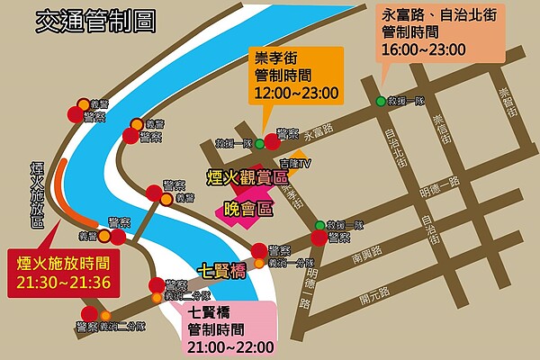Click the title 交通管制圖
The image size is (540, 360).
[x=92, y=22]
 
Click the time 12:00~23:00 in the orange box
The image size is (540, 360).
[x=296, y=92]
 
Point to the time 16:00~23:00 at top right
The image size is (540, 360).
[x=424, y=49]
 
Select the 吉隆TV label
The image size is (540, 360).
[x=294, y=164]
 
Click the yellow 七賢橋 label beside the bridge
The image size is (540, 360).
[x=221, y=267]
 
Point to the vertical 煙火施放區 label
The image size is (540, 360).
[x=37, y=193]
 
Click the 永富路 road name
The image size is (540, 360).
[x=319, y=131]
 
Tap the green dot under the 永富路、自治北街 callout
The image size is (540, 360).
[x=381, y=101]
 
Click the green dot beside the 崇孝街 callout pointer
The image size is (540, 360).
[x=259, y=143]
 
